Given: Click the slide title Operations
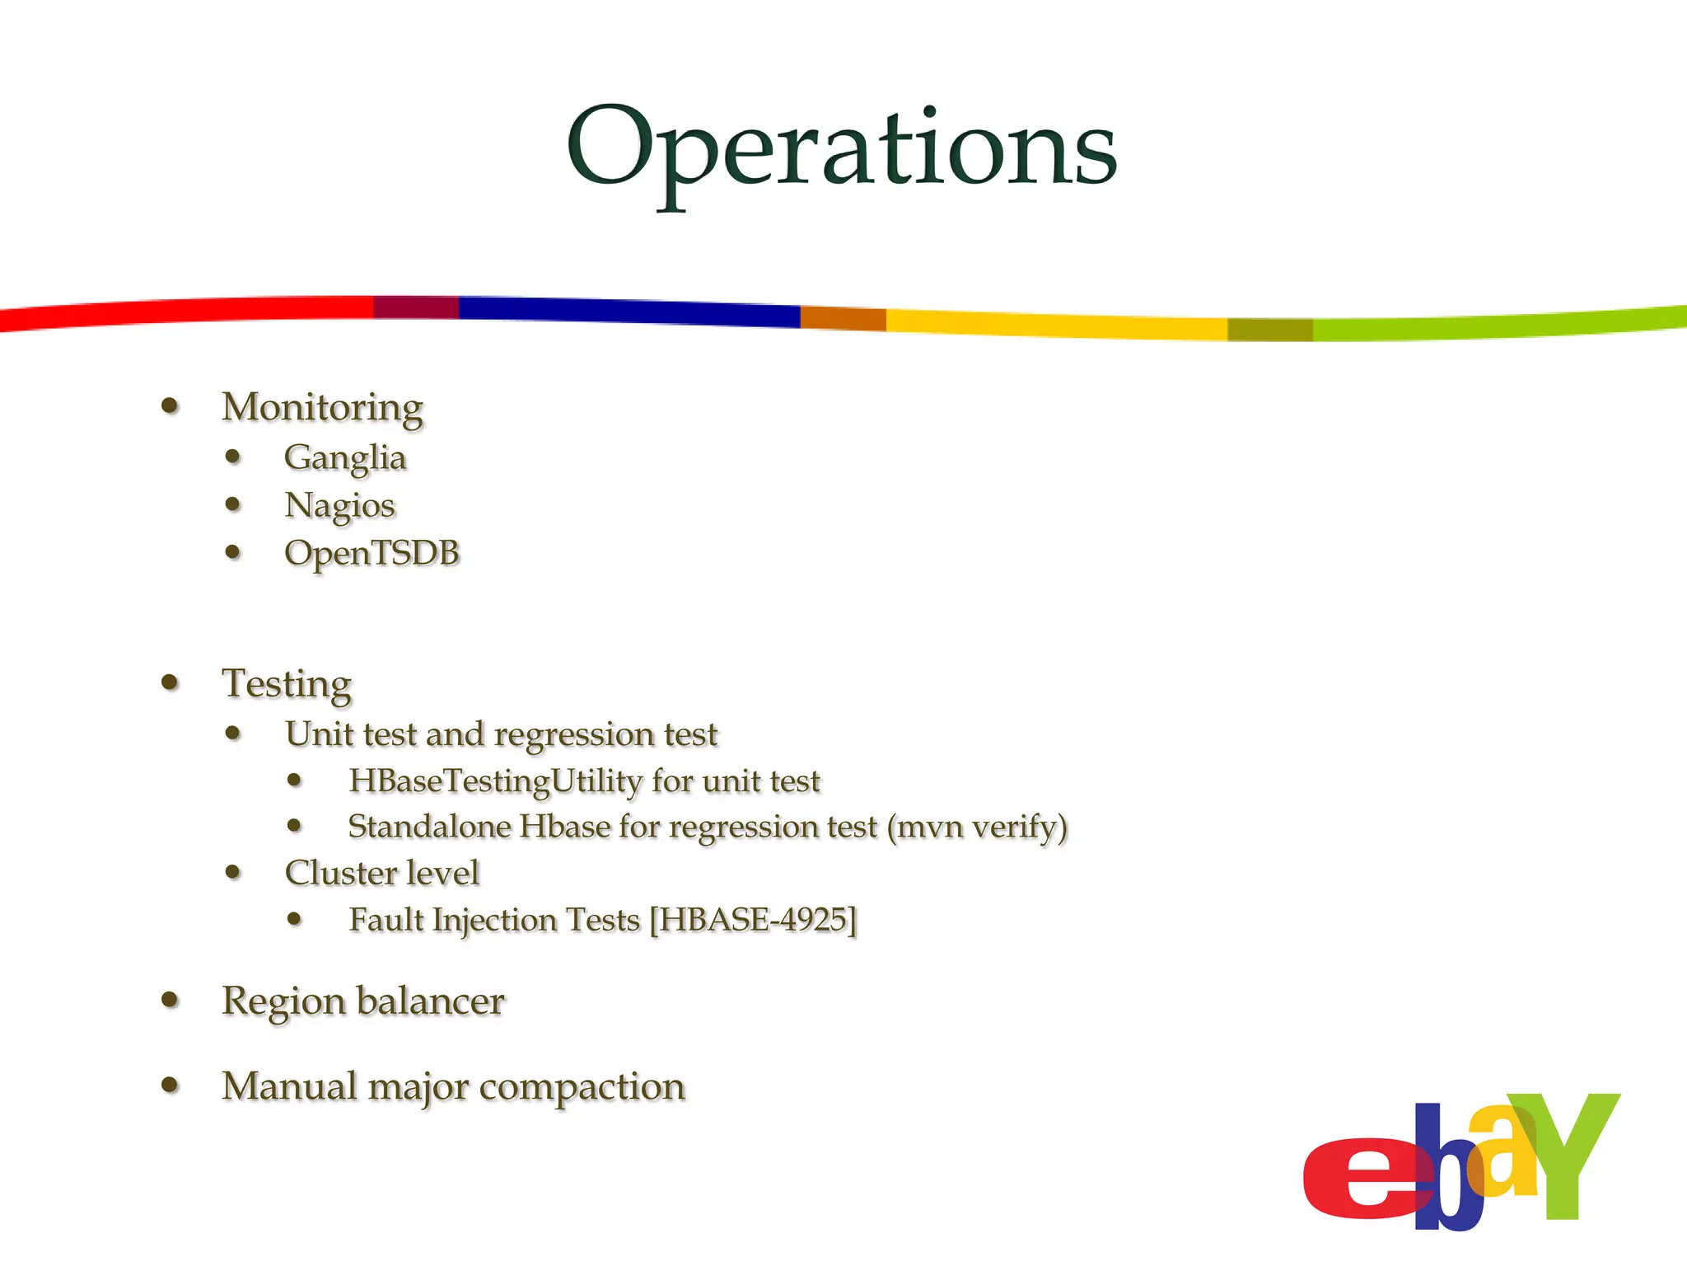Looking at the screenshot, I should pyautogui.click(x=841, y=148).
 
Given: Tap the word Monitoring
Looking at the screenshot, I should pyautogui.click(x=322, y=407).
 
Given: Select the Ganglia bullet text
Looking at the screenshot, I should pyautogui.click(x=345, y=457).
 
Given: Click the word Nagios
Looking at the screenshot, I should pyautogui.click(x=339, y=505).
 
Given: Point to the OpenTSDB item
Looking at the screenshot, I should pyautogui.click(x=372, y=553).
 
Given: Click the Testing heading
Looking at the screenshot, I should pyautogui.click(x=287, y=683).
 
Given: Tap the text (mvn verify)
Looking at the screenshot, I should pyautogui.click(x=977, y=827).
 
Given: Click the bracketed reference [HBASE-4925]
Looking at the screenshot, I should pyautogui.click(x=753, y=920).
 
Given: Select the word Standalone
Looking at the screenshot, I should pyautogui.click(x=429, y=827).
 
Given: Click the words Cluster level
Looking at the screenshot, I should pyautogui.click(x=381, y=873).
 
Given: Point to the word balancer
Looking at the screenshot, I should pyautogui.click(x=431, y=1001).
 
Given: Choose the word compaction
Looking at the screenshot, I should pyautogui.click(x=582, y=1086).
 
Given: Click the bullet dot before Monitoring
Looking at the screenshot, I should pyautogui.click(x=171, y=406).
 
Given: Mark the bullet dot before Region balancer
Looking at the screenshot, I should pyautogui.click(x=171, y=1000).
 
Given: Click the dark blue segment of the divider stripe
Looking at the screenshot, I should pyautogui.click(x=626, y=311).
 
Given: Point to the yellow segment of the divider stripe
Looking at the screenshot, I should pyautogui.click(x=1054, y=324).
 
